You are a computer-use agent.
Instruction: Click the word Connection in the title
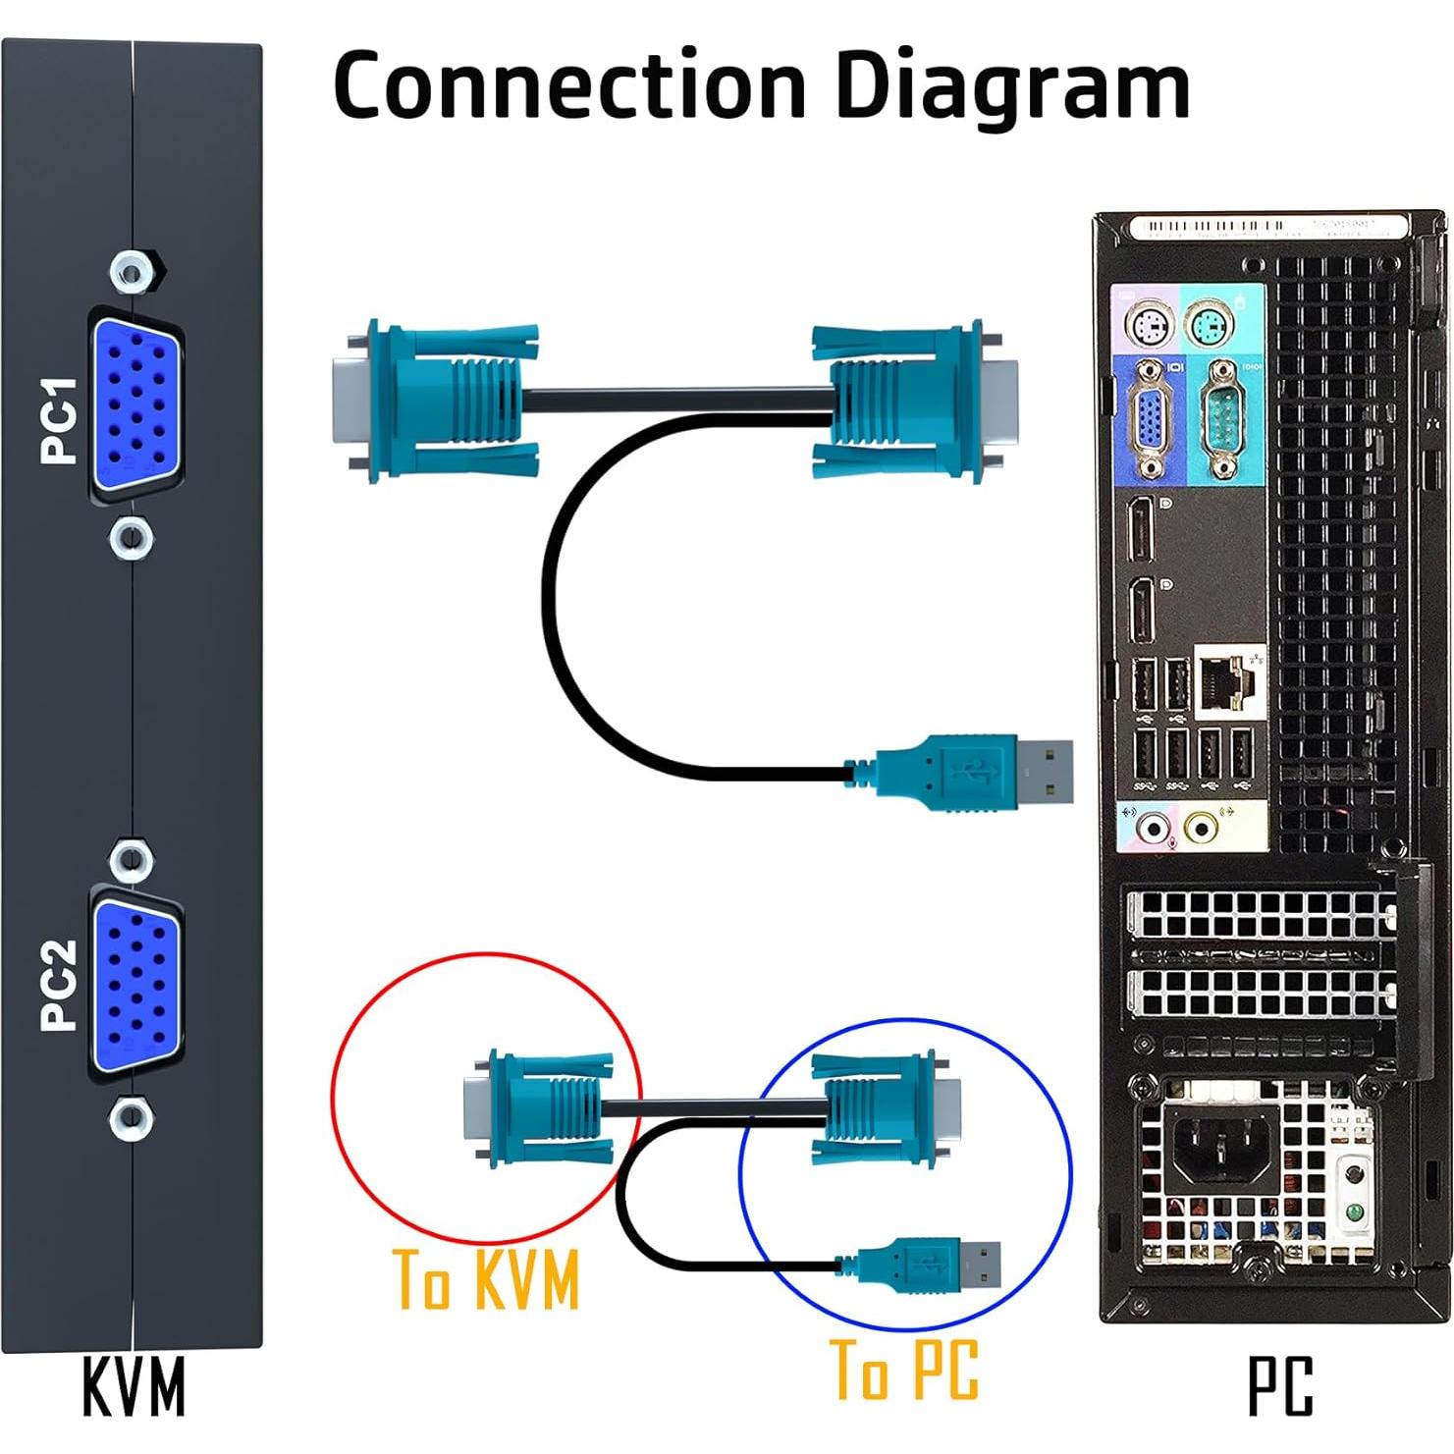pos(569,86)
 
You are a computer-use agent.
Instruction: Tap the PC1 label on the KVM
pos(60,419)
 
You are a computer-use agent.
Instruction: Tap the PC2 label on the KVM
pos(60,985)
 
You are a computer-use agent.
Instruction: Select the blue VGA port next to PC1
pos(136,403)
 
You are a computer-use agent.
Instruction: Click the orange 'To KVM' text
pos(486,1279)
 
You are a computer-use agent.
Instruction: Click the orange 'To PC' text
pos(904,1369)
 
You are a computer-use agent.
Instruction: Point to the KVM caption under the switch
pos(134,1386)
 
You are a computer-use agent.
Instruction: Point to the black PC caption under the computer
pos(1280,1386)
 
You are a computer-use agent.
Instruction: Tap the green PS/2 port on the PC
pos(1208,323)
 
